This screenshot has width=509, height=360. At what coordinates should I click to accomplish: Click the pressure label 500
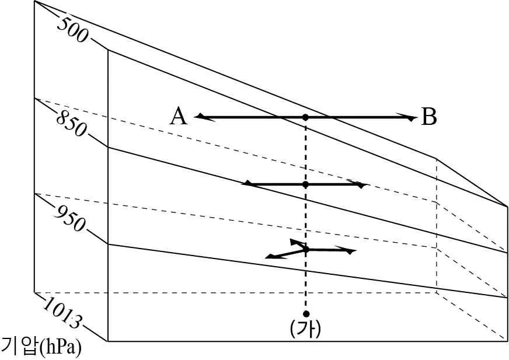pyautogui.click(x=72, y=30)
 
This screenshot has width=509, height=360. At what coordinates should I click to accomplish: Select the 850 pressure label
pyautogui.click(x=72, y=124)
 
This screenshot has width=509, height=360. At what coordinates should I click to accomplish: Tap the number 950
pyautogui.click(x=71, y=219)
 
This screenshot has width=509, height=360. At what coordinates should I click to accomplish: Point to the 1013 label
pyautogui.click(x=62, y=313)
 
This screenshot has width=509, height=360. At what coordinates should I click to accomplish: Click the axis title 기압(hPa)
pyautogui.click(x=41, y=347)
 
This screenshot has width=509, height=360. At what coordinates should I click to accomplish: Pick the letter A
pyautogui.click(x=178, y=117)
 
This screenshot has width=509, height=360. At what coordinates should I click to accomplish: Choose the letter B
pyautogui.click(x=429, y=117)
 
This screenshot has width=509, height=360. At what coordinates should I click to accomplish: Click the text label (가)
pyautogui.click(x=305, y=329)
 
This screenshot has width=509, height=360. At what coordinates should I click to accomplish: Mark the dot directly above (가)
pyautogui.click(x=306, y=313)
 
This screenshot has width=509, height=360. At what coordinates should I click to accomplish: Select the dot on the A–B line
pyautogui.click(x=305, y=117)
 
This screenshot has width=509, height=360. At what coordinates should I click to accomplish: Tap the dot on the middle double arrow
pyautogui.click(x=305, y=184)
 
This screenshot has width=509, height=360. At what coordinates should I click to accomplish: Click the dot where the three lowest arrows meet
pyautogui.click(x=305, y=249)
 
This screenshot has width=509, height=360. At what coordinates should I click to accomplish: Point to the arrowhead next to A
pyautogui.click(x=203, y=117)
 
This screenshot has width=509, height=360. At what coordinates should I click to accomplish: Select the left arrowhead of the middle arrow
pyautogui.click(x=250, y=184)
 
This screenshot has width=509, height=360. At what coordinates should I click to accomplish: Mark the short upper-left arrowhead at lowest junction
pyautogui.click(x=295, y=242)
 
